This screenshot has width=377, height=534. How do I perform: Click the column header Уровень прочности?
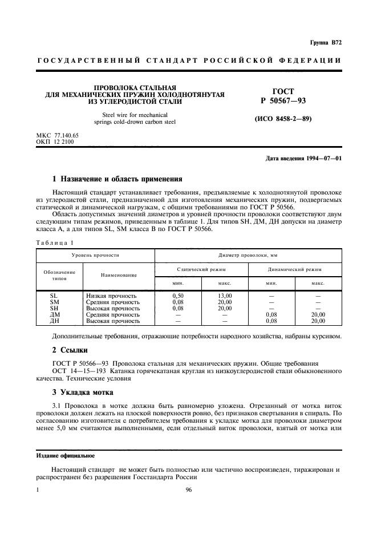coord(95,256)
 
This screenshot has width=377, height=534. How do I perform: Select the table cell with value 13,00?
coord(225,296)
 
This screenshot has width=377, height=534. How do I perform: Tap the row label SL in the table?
coord(55,296)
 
